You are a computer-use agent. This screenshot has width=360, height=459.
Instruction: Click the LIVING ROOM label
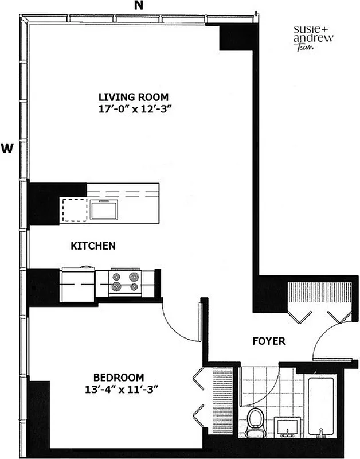(133, 97)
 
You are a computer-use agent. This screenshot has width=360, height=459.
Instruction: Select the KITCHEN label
(93, 246)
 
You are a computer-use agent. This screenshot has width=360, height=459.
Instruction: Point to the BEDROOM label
(118, 378)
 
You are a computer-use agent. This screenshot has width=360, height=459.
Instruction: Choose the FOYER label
(269, 341)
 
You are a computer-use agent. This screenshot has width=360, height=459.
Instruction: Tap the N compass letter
(138, 6)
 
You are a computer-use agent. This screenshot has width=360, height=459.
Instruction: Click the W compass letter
(7, 148)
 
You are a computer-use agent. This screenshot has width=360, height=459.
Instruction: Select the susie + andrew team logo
(314, 38)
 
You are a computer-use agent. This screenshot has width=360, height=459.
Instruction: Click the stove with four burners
(124, 281)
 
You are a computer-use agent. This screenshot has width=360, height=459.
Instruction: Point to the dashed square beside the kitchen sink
(74, 209)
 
